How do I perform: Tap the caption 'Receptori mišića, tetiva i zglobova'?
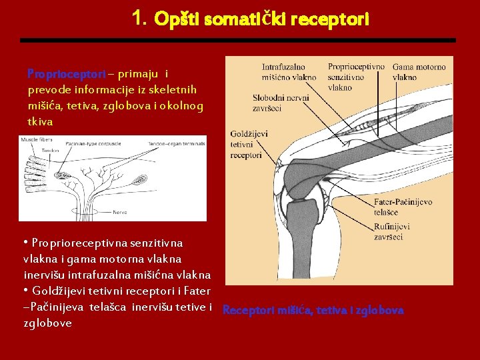[x=313, y=310]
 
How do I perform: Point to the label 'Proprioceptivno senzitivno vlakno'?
[x=356, y=77]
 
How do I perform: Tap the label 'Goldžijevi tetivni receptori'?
[x=248, y=144]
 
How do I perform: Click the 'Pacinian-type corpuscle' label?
[x=93, y=142]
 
